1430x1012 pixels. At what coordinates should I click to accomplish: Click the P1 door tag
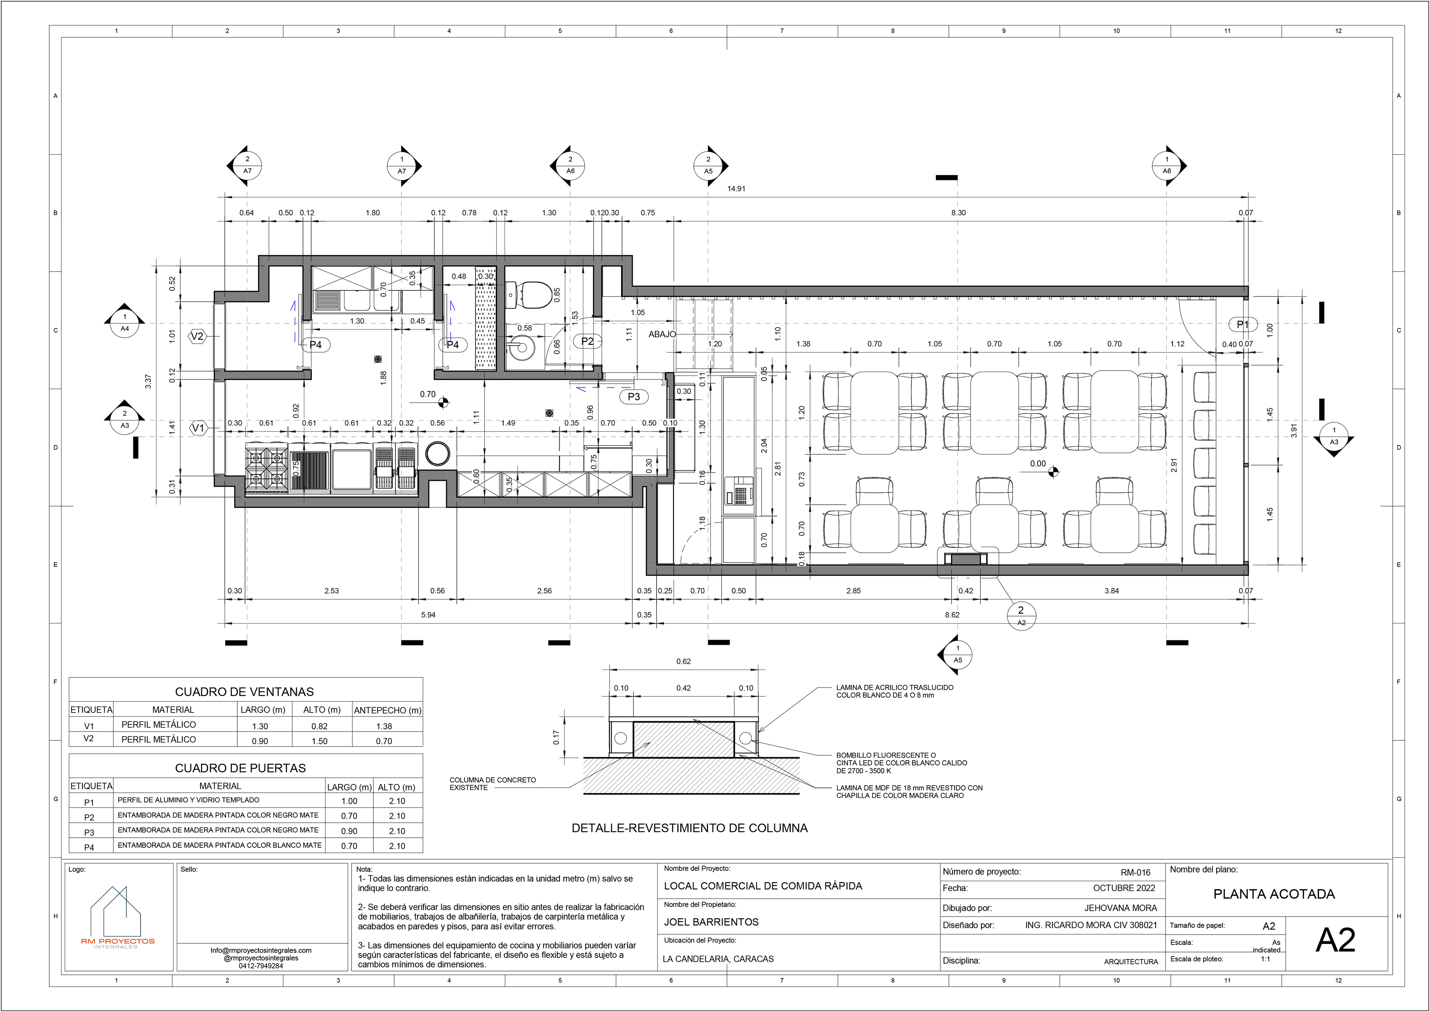coord(1242,324)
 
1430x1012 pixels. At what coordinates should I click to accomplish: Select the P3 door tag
coord(634,396)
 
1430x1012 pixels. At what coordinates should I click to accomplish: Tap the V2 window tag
coord(197,336)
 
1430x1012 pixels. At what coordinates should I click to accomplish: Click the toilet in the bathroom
coord(529,295)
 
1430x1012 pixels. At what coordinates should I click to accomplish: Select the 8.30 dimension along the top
coord(958,213)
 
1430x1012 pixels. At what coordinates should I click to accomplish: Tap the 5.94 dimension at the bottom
coord(428,615)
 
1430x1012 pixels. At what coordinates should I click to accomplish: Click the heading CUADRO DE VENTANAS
coord(244,692)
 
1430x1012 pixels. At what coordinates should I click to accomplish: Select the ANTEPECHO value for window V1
coord(384,726)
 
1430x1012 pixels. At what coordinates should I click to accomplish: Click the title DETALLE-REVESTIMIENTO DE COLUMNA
coord(690,828)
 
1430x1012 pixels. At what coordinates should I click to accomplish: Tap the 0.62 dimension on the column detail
coord(684,661)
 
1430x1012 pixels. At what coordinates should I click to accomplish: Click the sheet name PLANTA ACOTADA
coord(1274,894)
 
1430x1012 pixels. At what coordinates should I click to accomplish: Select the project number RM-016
coord(1135,872)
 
